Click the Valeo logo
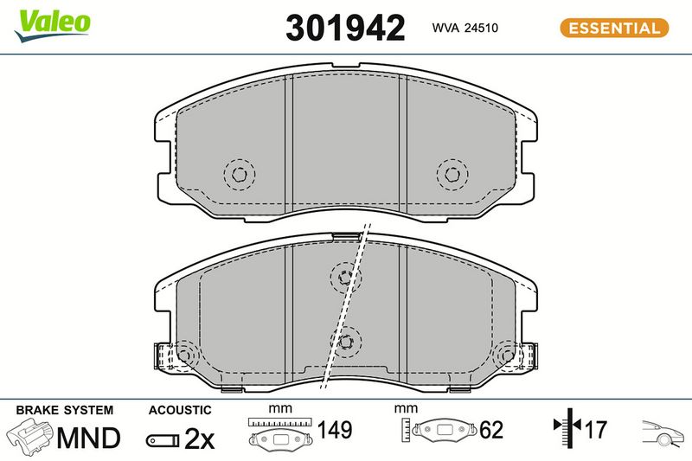tap(53, 25)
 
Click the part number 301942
tap(345, 28)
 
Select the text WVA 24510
tap(465, 28)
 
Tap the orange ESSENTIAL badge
tap(614, 29)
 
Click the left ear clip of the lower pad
tap(163, 356)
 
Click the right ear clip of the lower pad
tap(528, 356)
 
